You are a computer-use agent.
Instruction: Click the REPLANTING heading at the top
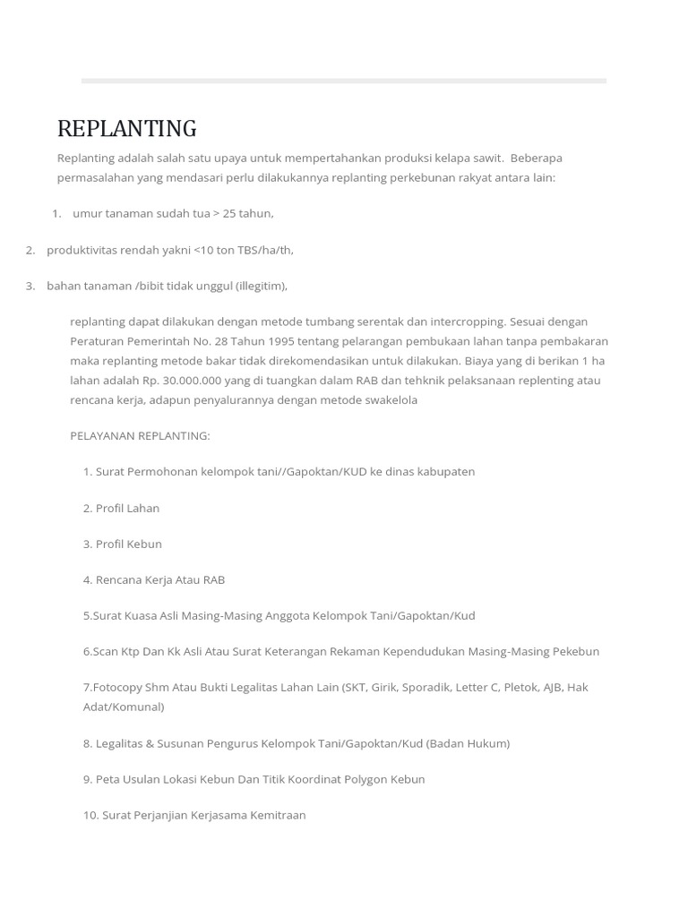[x=126, y=129]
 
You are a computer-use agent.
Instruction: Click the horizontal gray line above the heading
[x=344, y=81]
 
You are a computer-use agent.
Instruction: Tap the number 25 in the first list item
[x=231, y=214]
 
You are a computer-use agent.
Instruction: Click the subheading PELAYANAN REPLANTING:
[x=140, y=436]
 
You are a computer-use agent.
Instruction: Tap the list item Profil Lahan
[x=127, y=509]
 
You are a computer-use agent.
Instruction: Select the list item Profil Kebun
[x=128, y=544]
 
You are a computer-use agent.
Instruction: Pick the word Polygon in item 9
[x=365, y=780]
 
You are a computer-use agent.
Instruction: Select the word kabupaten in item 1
[x=445, y=472]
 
